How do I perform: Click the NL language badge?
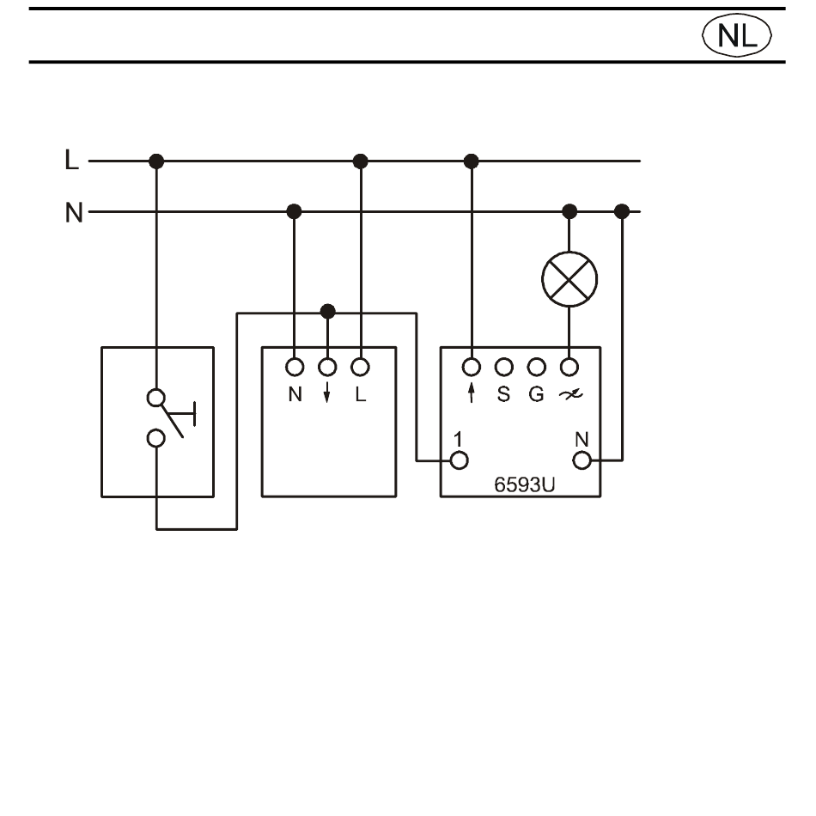pyautogui.click(x=736, y=35)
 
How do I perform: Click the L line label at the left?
pyautogui.click(x=72, y=160)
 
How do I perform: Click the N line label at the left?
pyautogui.click(x=74, y=212)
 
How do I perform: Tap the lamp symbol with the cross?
pyautogui.click(x=569, y=279)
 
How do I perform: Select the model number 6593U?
pyautogui.click(x=524, y=484)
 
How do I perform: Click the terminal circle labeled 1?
pyautogui.click(x=459, y=460)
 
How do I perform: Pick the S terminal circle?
pyautogui.click(x=503, y=367)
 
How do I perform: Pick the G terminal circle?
pyautogui.click(x=537, y=367)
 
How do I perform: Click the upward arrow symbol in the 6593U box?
pyautogui.click(x=472, y=393)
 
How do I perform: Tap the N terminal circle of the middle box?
pyautogui.click(x=295, y=367)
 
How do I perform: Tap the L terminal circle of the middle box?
pyautogui.click(x=360, y=367)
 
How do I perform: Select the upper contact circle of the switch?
pyautogui.click(x=155, y=398)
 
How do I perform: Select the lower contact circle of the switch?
pyautogui.click(x=155, y=438)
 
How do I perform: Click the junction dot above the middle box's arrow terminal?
pyautogui.click(x=327, y=312)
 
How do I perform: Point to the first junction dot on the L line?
pyautogui.click(x=156, y=161)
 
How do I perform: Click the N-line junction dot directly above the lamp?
pyautogui.click(x=569, y=212)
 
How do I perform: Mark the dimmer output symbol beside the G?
pyautogui.click(x=570, y=395)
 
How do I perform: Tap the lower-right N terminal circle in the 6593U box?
pyautogui.click(x=582, y=460)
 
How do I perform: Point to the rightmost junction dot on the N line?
pyautogui.click(x=622, y=212)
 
